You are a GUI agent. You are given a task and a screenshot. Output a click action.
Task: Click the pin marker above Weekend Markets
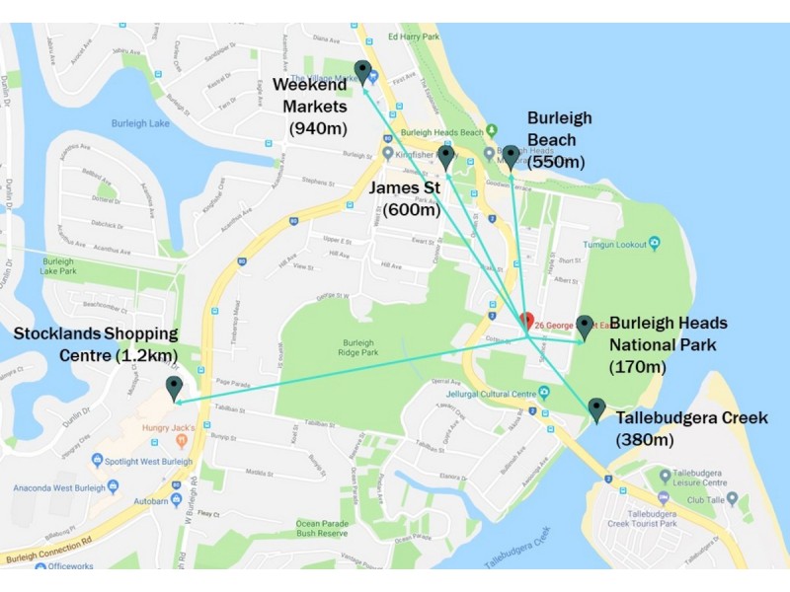363,72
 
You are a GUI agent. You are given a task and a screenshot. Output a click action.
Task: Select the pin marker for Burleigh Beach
511,157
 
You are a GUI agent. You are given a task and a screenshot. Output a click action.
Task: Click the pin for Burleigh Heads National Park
584,328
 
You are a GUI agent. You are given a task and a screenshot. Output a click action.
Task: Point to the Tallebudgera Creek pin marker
595,409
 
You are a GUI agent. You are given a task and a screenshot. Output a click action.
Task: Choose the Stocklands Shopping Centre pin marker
175,389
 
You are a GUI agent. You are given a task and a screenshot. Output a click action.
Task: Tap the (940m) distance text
319,127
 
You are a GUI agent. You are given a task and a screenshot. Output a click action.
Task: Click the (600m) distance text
412,209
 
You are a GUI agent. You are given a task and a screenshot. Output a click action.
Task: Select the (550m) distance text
556,162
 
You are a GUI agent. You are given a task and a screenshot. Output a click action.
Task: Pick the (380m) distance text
644,440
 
